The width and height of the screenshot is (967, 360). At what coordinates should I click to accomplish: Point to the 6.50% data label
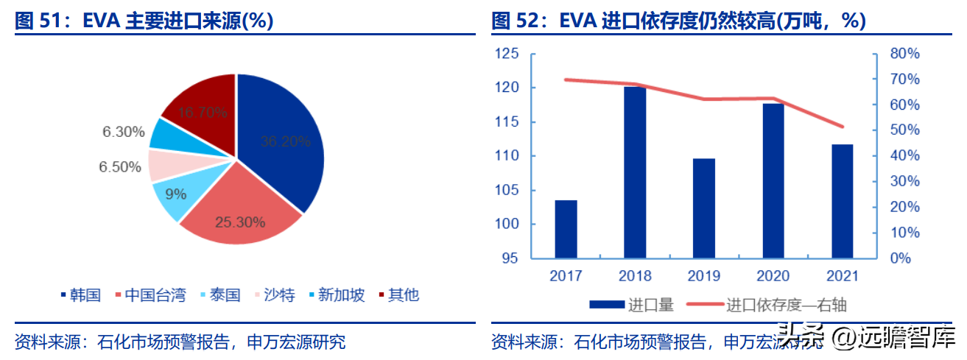[x=119, y=167]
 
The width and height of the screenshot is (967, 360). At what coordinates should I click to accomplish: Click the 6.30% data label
[x=123, y=133]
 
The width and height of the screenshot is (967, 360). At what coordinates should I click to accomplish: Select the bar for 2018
[x=635, y=173]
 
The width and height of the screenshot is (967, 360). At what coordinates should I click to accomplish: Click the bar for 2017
[x=566, y=229]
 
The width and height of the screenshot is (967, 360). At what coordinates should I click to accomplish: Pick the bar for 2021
[x=842, y=201]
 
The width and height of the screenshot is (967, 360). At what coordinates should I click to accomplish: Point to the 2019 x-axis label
[x=704, y=276]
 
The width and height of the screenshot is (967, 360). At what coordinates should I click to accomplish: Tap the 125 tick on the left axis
[x=507, y=54]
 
